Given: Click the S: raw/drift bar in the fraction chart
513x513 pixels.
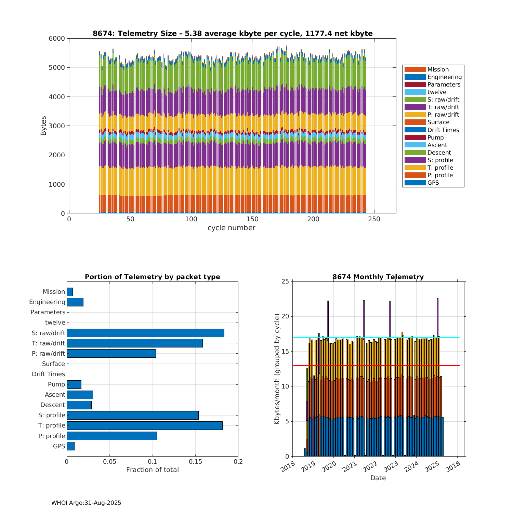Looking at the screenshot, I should click(x=145, y=333).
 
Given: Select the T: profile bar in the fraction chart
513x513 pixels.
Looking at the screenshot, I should click(x=144, y=425).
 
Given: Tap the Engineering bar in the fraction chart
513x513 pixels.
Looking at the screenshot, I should click(x=75, y=302).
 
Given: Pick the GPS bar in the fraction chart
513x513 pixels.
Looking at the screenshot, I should click(x=70, y=446).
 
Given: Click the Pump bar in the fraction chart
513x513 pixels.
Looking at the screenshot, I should click(x=74, y=384).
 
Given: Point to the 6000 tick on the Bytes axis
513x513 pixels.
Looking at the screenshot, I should click(x=56, y=39).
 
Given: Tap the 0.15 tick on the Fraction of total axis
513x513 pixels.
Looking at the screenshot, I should click(x=195, y=462).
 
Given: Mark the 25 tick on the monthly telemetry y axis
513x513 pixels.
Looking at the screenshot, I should click(x=285, y=281).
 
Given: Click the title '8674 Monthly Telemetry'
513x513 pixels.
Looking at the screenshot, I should click(x=378, y=277).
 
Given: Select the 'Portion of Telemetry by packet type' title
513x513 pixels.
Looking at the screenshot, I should click(x=152, y=277).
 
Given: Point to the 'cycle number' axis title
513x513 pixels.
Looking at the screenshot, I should click(x=231, y=228).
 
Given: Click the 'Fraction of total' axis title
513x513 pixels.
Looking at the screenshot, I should click(x=152, y=470).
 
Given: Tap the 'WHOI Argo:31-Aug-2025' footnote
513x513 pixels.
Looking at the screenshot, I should click(x=86, y=503).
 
